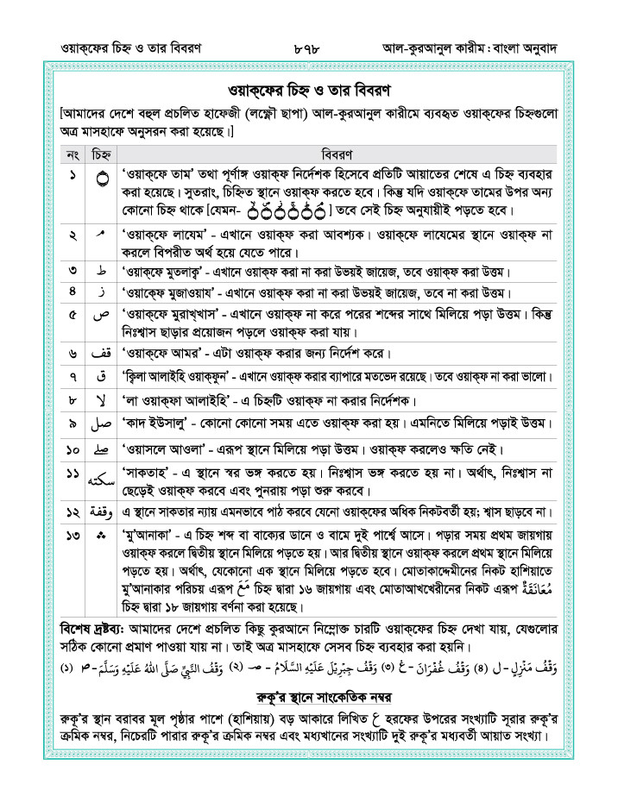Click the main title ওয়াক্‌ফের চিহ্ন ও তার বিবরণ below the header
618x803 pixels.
click(x=308, y=90)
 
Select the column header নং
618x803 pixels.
click(x=73, y=154)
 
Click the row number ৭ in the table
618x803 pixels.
click(x=73, y=377)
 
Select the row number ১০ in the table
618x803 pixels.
click(x=73, y=449)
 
